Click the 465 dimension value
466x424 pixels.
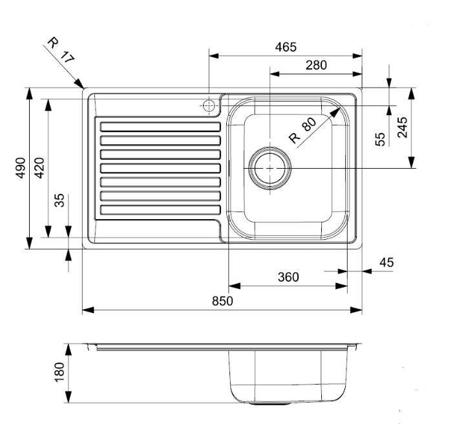click(285, 47)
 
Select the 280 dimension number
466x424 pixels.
click(317, 65)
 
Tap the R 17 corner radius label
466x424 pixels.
click(60, 50)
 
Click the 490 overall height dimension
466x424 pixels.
click(20, 167)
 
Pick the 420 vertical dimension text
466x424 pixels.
click(39, 167)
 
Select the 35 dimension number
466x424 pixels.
click(59, 200)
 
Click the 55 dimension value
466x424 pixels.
click(381, 138)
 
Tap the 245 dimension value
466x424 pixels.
click(402, 128)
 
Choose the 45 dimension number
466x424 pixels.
click(386, 262)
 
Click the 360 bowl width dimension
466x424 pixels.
click(288, 277)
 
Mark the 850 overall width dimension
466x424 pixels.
click(222, 301)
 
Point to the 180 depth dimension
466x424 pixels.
click(59, 373)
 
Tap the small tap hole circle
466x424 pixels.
click(209, 105)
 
